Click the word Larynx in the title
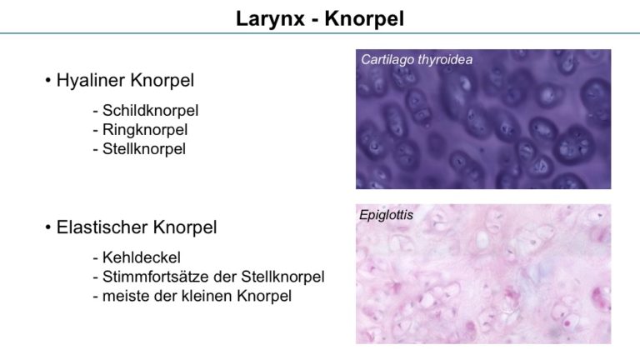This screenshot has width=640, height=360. click(270, 19)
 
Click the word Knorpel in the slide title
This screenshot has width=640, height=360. click(364, 19)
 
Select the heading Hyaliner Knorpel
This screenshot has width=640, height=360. click(125, 80)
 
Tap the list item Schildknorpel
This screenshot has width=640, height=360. click(150, 110)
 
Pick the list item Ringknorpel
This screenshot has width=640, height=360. click(145, 130)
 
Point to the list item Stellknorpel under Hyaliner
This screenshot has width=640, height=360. click(143, 148)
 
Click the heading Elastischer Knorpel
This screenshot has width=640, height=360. click(137, 227)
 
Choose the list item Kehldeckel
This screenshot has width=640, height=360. click(141, 257)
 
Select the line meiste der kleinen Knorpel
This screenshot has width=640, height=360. click(197, 296)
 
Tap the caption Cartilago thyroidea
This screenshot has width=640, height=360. click(417, 60)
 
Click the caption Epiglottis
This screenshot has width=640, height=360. click(386, 215)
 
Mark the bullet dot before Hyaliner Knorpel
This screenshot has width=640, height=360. click(48, 80)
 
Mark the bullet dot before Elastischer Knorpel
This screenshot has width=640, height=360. click(48, 227)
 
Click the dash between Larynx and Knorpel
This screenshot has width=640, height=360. click(314, 20)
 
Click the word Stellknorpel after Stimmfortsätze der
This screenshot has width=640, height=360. click(282, 277)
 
